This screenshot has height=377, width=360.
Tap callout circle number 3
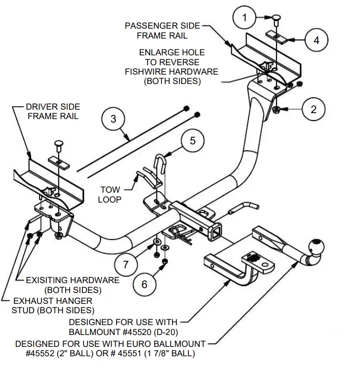click(x=114, y=119)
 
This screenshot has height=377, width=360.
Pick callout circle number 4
click(x=316, y=41)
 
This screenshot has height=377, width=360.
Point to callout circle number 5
click(x=193, y=141)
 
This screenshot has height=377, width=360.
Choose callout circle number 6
click(x=144, y=284)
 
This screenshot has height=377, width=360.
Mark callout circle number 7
click(x=125, y=264)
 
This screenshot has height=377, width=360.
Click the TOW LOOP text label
click(x=110, y=194)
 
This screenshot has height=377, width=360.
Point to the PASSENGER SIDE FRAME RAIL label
click(x=162, y=30)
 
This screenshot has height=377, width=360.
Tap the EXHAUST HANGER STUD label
click(x=52, y=305)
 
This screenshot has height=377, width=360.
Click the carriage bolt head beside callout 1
click(x=276, y=18)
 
